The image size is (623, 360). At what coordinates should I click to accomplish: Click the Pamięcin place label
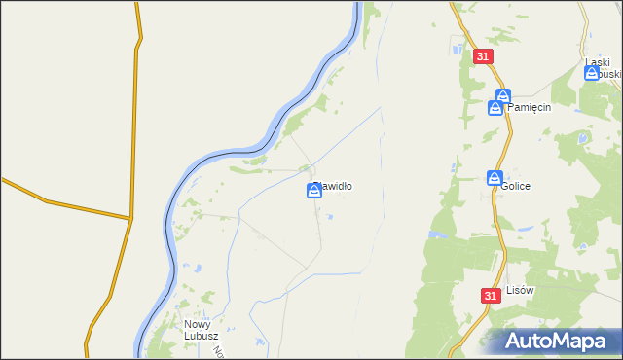(x=530, y=108)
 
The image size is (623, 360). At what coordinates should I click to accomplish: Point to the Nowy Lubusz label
(x=202, y=331)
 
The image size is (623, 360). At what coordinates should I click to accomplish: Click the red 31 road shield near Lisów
(x=490, y=295)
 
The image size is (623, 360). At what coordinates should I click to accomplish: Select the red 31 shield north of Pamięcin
(x=483, y=57)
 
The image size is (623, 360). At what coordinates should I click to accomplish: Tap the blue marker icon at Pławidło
(x=314, y=191)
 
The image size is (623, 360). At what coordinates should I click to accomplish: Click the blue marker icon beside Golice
(x=494, y=178)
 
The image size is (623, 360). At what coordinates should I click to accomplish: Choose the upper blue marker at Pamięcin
(x=502, y=95)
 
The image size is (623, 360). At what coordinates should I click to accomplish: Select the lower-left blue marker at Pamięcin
(x=495, y=108)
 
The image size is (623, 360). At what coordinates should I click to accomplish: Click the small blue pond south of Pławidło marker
(x=328, y=217)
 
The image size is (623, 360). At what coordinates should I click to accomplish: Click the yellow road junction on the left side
(x=130, y=218)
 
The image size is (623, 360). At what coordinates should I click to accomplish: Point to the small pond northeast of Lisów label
(x=525, y=229)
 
